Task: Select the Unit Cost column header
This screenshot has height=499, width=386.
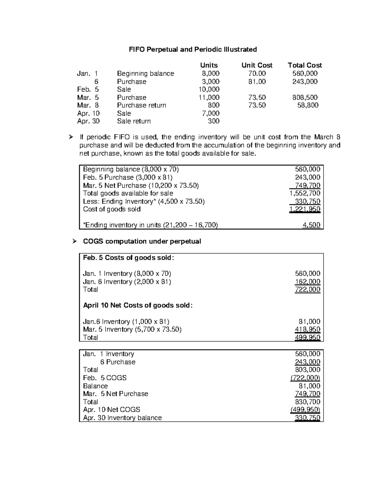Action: (257, 65)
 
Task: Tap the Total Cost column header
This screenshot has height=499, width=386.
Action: (305, 65)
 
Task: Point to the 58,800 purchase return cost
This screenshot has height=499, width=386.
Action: (308, 105)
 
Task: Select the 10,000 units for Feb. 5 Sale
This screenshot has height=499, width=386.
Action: (209, 89)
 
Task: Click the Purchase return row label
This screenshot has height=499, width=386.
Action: (142, 105)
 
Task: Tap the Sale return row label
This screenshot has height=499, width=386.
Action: (134, 121)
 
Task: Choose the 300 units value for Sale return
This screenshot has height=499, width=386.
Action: (214, 121)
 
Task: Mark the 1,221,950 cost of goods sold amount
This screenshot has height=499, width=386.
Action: (305, 209)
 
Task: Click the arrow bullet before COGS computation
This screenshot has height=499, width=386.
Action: (74, 241)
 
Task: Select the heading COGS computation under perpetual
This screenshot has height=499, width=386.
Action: (142, 241)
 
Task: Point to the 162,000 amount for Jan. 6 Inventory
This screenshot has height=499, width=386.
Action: (308, 282)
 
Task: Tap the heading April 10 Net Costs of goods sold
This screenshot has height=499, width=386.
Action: (138, 306)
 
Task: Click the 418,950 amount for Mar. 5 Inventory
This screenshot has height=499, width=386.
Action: (308, 329)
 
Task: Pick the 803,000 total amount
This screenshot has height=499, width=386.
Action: (308, 370)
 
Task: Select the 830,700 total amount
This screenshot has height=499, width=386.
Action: (308, 402)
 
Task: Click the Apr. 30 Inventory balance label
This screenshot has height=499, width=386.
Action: (122, 418)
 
